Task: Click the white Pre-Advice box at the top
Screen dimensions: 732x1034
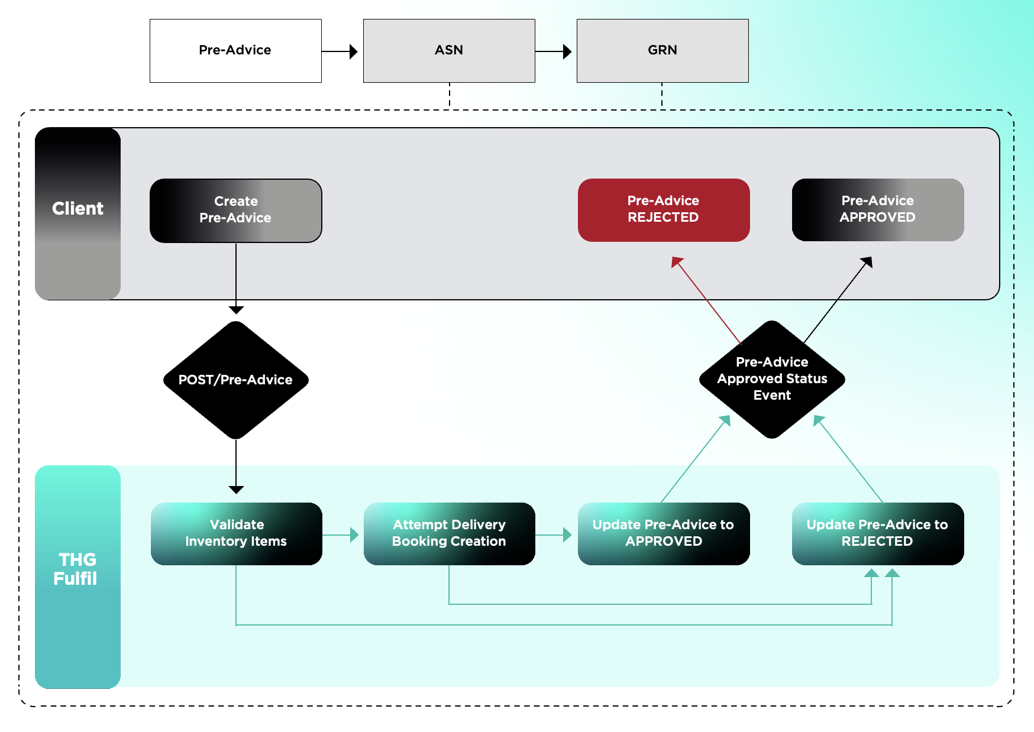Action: tap(235, 51)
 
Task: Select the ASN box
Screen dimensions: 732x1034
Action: tap(449, 51)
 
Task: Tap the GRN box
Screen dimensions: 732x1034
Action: tap(663, 51)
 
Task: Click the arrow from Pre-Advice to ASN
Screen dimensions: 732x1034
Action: tap(340, 51)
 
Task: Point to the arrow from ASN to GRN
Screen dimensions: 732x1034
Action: tap(554, 51)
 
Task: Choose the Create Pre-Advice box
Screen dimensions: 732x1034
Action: tap(235, 210)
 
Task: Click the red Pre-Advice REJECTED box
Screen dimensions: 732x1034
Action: tap(664, 210)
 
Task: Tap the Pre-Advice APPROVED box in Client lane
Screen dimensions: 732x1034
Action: tap(878, 210)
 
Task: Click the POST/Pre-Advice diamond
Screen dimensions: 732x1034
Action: tap(236, 380)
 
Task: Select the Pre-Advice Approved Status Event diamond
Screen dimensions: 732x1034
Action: tap(772, 379)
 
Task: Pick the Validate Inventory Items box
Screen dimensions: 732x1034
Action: tap(237, 533)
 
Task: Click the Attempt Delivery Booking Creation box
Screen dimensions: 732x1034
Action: tap(450, 533)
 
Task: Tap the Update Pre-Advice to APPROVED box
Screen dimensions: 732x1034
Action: tap(664, 533)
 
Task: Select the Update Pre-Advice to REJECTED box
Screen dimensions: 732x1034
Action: tap(878, 533)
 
